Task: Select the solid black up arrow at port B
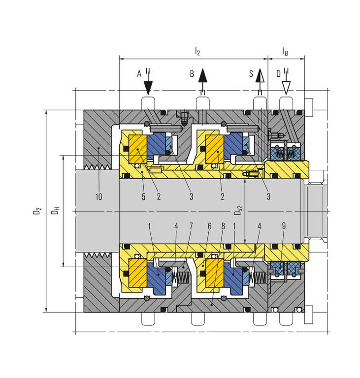click(x=202, y=79)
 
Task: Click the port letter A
click(x=139, y=73)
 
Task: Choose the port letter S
click(x=251, y=73)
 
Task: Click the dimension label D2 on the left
click(x=37, y=211)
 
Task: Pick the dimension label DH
click(x=55, y=211)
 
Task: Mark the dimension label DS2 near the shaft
click(x=238, y=210)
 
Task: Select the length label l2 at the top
click(x=197, y=51)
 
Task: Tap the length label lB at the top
click(x=285, y=51)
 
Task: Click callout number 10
click(x=98, y=197)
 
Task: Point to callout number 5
click(x=144, y=197)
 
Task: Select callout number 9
click(x=284, y=226)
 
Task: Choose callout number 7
click(x=191, y=226)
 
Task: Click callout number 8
click(x=223, y=226)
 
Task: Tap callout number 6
click(x=209, y=226)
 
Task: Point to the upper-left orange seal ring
click(x=138, y=149)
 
